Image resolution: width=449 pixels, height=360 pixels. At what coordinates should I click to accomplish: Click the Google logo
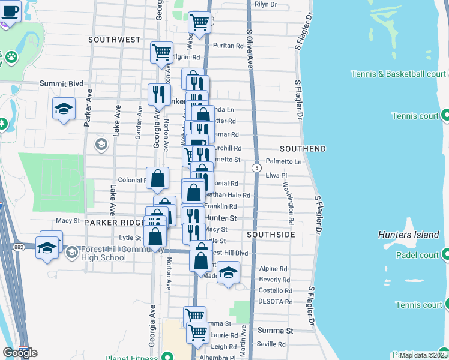[x=20, y=353]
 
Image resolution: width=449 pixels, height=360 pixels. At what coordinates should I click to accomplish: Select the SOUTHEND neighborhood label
[x=303, y=148]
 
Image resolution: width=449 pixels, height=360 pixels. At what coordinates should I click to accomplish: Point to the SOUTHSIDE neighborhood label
[x=270, y=234]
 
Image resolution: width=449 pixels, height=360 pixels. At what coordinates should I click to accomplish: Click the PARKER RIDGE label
[x=113, y=222]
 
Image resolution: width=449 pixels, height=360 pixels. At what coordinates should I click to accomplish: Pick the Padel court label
[x=417, y=255]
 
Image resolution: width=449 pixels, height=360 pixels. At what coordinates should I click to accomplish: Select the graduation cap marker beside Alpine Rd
[x=228, y=273]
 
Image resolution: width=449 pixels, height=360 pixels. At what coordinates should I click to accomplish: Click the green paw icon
[x=11, y=57]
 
